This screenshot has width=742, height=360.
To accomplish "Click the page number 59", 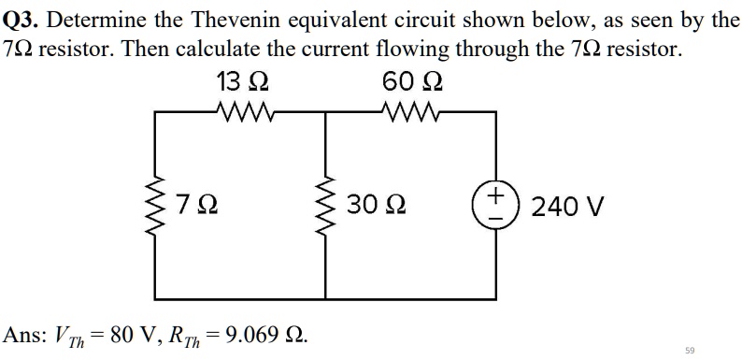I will [x=690, y=350].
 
